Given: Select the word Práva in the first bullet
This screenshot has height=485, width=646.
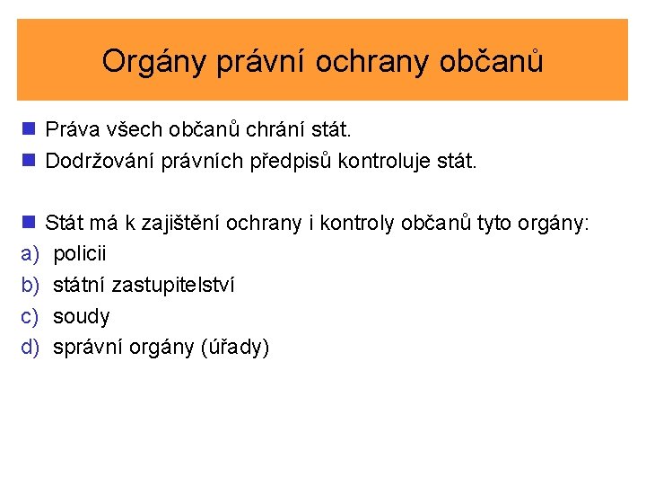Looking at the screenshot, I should [x=73, y=130].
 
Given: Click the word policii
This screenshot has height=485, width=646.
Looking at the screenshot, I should [x=80, y=253].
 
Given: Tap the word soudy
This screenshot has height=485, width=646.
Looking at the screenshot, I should [x=82, y=316].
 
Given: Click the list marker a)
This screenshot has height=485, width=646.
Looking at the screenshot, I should [x=29, y=253].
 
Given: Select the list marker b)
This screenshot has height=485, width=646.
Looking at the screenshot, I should [x=29, y=285].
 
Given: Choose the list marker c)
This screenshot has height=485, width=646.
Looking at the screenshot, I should [x=29, y=316].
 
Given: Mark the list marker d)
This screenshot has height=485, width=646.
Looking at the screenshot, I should [x=29, y=348].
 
